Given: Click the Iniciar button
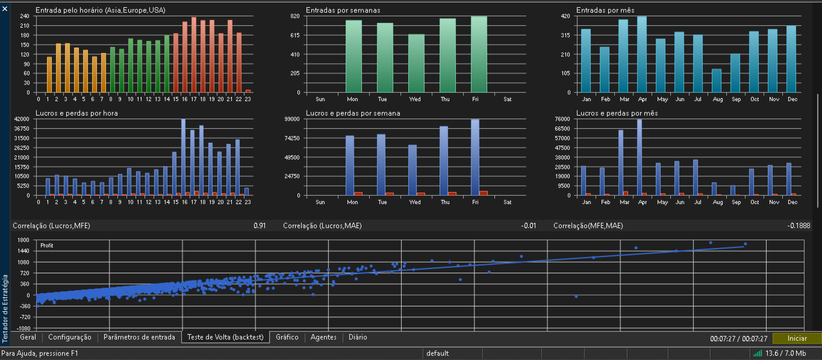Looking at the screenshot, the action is point(797,338).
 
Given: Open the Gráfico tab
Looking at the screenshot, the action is point(287,337).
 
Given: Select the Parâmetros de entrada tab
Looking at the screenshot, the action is point(139,337).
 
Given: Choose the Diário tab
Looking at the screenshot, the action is point(358,337).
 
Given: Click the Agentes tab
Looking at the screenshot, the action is point(323,337).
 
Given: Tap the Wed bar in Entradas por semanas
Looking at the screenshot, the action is point(416,63).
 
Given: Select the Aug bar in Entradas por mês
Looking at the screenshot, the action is point(717,81).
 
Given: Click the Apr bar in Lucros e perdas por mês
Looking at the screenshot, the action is point(640,157).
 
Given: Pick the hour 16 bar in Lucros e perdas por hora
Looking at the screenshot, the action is point(183,157).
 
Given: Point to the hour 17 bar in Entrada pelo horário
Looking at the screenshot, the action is point(194,55).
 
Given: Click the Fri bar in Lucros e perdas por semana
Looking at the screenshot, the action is point(475,157).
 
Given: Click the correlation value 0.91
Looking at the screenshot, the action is point(260,226).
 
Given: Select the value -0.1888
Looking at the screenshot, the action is point(799,226).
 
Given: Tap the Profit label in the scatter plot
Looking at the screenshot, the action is point(46,246).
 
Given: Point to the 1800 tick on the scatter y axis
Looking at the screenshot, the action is point(23,240).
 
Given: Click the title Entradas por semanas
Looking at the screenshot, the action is point(343,10).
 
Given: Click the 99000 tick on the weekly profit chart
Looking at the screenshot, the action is point(293,119).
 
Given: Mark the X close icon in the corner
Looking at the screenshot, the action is point(5,8).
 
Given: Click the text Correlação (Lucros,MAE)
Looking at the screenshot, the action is point(322,226).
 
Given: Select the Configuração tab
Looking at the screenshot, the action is point(70,337).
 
